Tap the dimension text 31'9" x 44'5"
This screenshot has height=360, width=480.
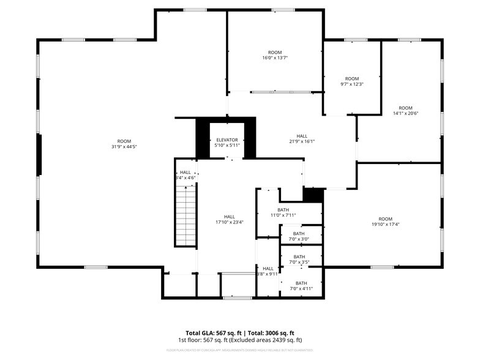[124, 147]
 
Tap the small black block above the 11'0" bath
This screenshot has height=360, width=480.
[313, 195]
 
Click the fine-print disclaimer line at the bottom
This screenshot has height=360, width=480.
[240, 350]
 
